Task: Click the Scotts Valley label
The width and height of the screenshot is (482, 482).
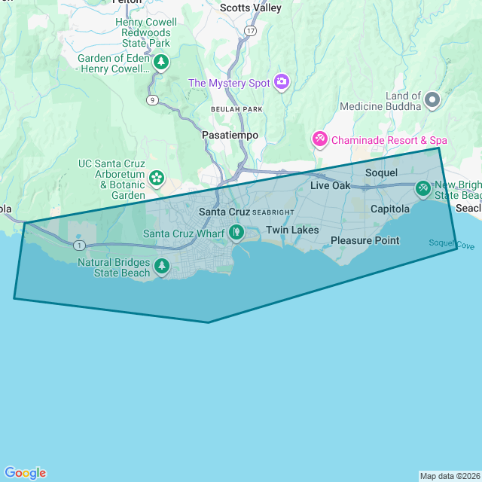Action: coord(251,8)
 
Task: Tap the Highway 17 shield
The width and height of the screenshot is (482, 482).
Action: coord(251,31)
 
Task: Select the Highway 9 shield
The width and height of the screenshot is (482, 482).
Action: coord(153,99)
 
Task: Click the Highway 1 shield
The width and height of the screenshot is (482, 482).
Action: coord(79,246)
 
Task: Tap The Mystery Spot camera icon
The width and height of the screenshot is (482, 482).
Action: coord(282,82)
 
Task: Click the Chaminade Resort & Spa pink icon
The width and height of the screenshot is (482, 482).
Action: coord(320,139)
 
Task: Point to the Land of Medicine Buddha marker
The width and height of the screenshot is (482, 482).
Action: coord(432,99)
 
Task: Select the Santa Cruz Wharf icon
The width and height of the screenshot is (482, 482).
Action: coord(236,233)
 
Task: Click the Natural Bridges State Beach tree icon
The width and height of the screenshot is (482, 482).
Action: coord(161,266)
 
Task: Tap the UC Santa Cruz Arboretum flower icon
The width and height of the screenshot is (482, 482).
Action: coord(157,178)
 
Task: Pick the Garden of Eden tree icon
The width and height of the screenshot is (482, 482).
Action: coord(160,63)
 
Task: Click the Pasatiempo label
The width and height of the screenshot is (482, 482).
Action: coord(230,135)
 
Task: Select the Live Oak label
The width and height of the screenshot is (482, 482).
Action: coord(331,185)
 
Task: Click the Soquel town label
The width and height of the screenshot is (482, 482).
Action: coord(381,172)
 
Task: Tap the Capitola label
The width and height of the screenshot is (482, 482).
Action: coord(390,209)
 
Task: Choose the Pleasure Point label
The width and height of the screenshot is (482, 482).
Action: coord(365,240)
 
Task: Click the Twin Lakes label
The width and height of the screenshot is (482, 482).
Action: coord(292,230)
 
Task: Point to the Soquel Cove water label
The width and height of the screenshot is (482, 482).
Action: coord(452,243)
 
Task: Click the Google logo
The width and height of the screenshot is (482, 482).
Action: coord(25,473)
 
